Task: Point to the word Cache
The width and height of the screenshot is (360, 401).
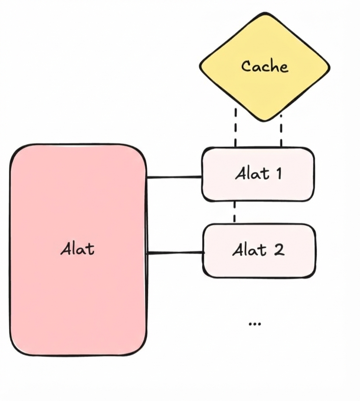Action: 264,66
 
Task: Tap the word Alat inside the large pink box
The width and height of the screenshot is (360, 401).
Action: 77,250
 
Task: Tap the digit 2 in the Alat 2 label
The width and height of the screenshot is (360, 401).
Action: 278,250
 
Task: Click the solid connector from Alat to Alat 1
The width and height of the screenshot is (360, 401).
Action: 174,177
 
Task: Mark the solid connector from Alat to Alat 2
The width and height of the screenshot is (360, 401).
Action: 175,253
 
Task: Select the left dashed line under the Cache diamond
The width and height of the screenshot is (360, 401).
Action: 235,127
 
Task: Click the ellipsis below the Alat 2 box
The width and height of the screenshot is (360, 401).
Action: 255,324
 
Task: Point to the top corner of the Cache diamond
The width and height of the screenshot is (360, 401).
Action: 265,14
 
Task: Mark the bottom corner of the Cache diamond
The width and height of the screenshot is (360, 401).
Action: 265,120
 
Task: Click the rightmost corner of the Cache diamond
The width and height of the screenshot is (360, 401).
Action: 329,67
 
